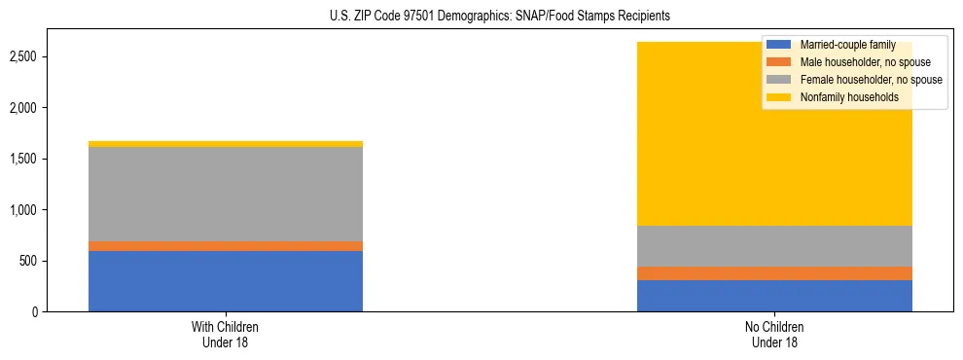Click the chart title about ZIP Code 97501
tap(481, 17)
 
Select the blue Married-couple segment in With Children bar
tap(226, 281)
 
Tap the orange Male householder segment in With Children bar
tap(226, 246)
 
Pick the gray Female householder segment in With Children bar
tap(226, 194)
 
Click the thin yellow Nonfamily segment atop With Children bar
tap(226, 144)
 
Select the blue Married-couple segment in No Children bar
tap(774, 296)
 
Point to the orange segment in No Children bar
tap(774, 273)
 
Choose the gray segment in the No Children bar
tap(774, 246)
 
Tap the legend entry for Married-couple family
tap(846, 45)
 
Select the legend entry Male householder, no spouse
tap(862, 62)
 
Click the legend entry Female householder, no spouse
tap(867, 80)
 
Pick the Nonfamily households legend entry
tap(847, 97)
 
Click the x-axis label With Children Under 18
tap(226, 334)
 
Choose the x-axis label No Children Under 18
tap(774, 334)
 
